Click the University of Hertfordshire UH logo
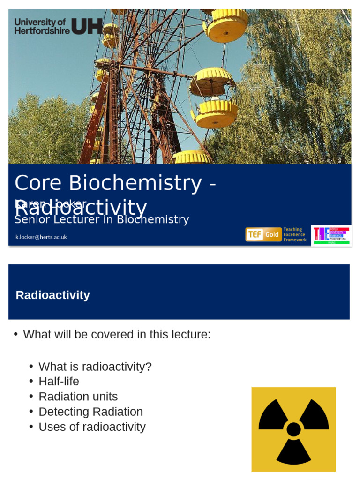(58, 26)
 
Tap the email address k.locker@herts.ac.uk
(41, 237)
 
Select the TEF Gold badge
(263, 234)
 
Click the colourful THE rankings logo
(331, 235)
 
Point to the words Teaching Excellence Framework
(295, 235)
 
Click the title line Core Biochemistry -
(115, 183)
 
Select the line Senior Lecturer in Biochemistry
(102, 219)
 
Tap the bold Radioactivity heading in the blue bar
(52, 295)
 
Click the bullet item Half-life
(59, 382)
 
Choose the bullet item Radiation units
(78, 397)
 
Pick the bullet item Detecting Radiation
(90, 412)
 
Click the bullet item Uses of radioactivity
(92, 427)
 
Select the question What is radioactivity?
(95, 367)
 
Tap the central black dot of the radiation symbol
(293, 429)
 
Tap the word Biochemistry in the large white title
(135, 183)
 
